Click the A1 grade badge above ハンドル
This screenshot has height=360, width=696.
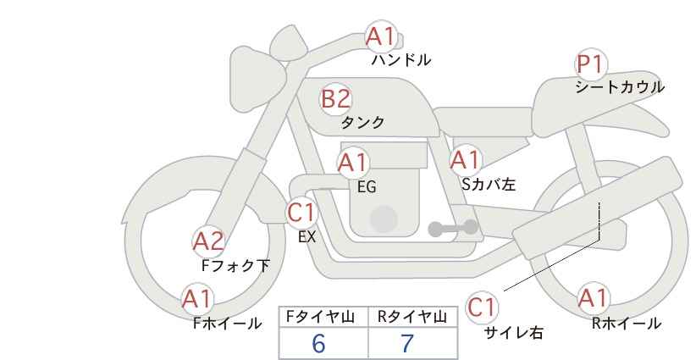tap(380, 36)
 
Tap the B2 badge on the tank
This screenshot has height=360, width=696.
tap(335, 99)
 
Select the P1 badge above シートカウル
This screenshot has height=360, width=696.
tap(589, 64)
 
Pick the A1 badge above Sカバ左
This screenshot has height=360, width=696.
tap(465, 159)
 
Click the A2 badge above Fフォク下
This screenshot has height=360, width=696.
tap(208, 241)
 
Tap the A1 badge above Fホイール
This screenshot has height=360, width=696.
tap(198, 299)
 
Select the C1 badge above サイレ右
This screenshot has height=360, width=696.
tap(481, 307)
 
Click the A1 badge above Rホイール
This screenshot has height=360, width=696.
tap(593, 298)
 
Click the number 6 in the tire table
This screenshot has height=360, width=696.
tap(318, 343)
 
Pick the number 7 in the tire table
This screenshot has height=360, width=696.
tap(407, 343)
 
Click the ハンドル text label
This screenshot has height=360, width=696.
tap(401, 60)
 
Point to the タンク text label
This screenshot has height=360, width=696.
tap(362, 123)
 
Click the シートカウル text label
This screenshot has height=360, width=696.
tap(619, 87)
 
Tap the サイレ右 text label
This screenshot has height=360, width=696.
tap(514, 333)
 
